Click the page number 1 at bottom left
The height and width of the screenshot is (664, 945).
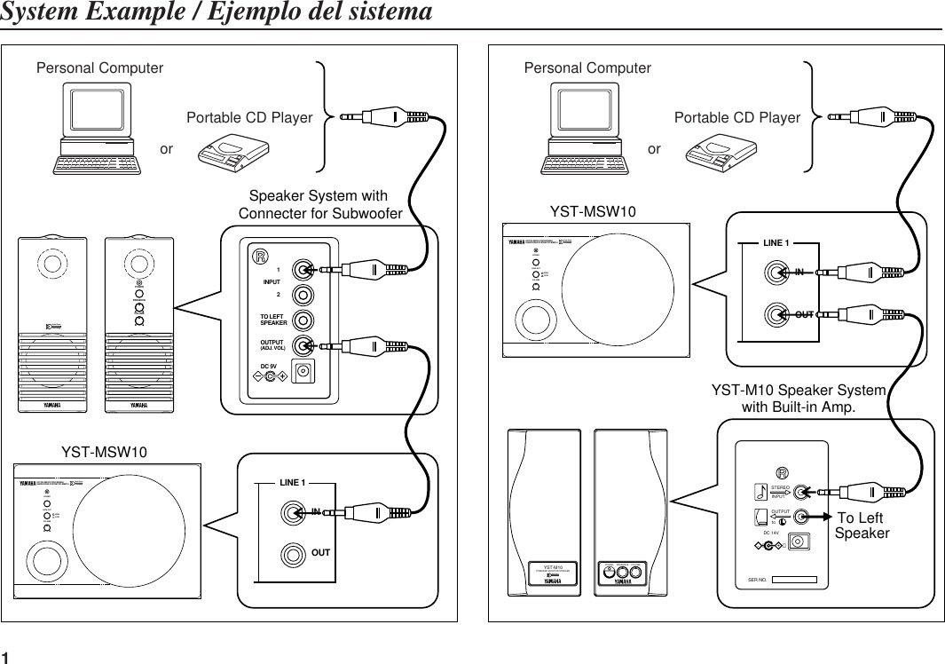6,655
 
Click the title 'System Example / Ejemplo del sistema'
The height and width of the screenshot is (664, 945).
217,13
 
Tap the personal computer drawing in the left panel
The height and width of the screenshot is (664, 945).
97,130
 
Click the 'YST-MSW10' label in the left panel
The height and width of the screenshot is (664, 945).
104,452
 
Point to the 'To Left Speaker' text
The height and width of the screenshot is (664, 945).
862,526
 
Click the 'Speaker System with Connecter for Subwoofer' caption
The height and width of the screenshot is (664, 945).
319,205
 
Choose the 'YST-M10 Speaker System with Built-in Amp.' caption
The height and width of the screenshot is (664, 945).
799,399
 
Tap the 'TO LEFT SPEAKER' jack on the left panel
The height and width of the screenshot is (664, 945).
303,320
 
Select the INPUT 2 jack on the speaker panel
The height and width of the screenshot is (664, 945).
303,294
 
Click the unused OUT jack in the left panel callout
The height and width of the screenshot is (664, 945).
292,553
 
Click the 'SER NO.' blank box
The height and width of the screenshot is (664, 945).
794,580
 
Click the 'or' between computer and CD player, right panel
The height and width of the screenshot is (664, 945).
654,149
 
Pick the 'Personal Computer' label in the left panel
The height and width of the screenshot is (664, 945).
100,67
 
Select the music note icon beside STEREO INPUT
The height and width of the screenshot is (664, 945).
760,491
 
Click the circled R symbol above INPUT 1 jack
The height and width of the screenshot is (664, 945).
261,257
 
